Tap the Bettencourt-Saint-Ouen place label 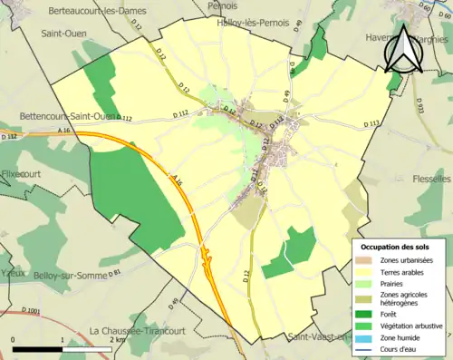[66, 116]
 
